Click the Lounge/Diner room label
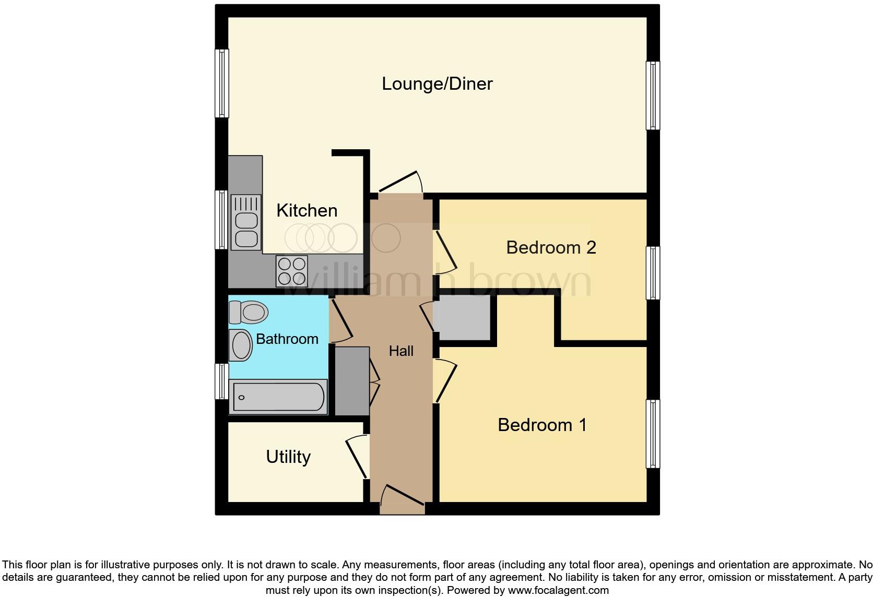coord(437,84)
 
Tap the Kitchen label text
coord(306,211)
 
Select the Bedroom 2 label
coord(551,248)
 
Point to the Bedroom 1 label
coord(542,425)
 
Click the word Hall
coord(401,351)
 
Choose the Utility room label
coord(288,457)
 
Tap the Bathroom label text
coord(287,339)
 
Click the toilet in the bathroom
coord(248,312)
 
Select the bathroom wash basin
coord(241,345)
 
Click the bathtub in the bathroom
coord(278,397)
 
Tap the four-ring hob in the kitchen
coord(292,271)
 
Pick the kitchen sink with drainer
coord(246,222)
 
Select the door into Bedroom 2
coord(445,253)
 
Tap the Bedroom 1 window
coord(653,434)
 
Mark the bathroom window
coord(222,381)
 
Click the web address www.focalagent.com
coord(559,590)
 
